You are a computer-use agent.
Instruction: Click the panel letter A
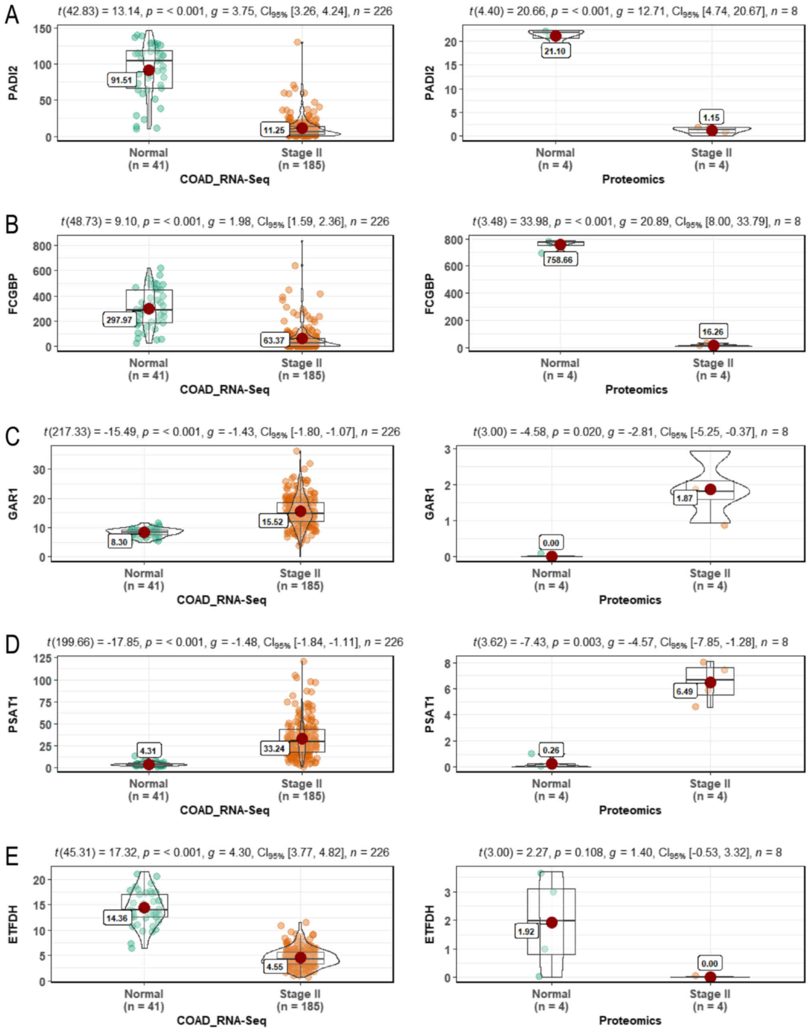tap(12, 15)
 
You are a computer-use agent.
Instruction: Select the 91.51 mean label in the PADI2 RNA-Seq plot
tap(121, 80)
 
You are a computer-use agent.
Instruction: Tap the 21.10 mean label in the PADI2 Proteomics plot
tap(555, 51)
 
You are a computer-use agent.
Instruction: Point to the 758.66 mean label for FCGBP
tap(560, 260)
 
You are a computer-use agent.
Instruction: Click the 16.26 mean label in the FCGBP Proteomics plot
tap(713, 332)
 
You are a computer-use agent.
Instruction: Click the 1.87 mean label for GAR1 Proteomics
tap(685, 498)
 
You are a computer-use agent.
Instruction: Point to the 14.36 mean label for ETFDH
tap(117, 918)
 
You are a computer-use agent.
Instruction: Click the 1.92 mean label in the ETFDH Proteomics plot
tap(526, 932)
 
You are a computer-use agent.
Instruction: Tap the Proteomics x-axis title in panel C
tap(630, 600)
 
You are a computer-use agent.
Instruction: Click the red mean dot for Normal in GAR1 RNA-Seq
tap(144, 533)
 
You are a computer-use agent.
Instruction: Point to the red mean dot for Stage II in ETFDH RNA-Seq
tap(300, 958)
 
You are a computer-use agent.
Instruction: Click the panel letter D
tap(12, 644)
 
